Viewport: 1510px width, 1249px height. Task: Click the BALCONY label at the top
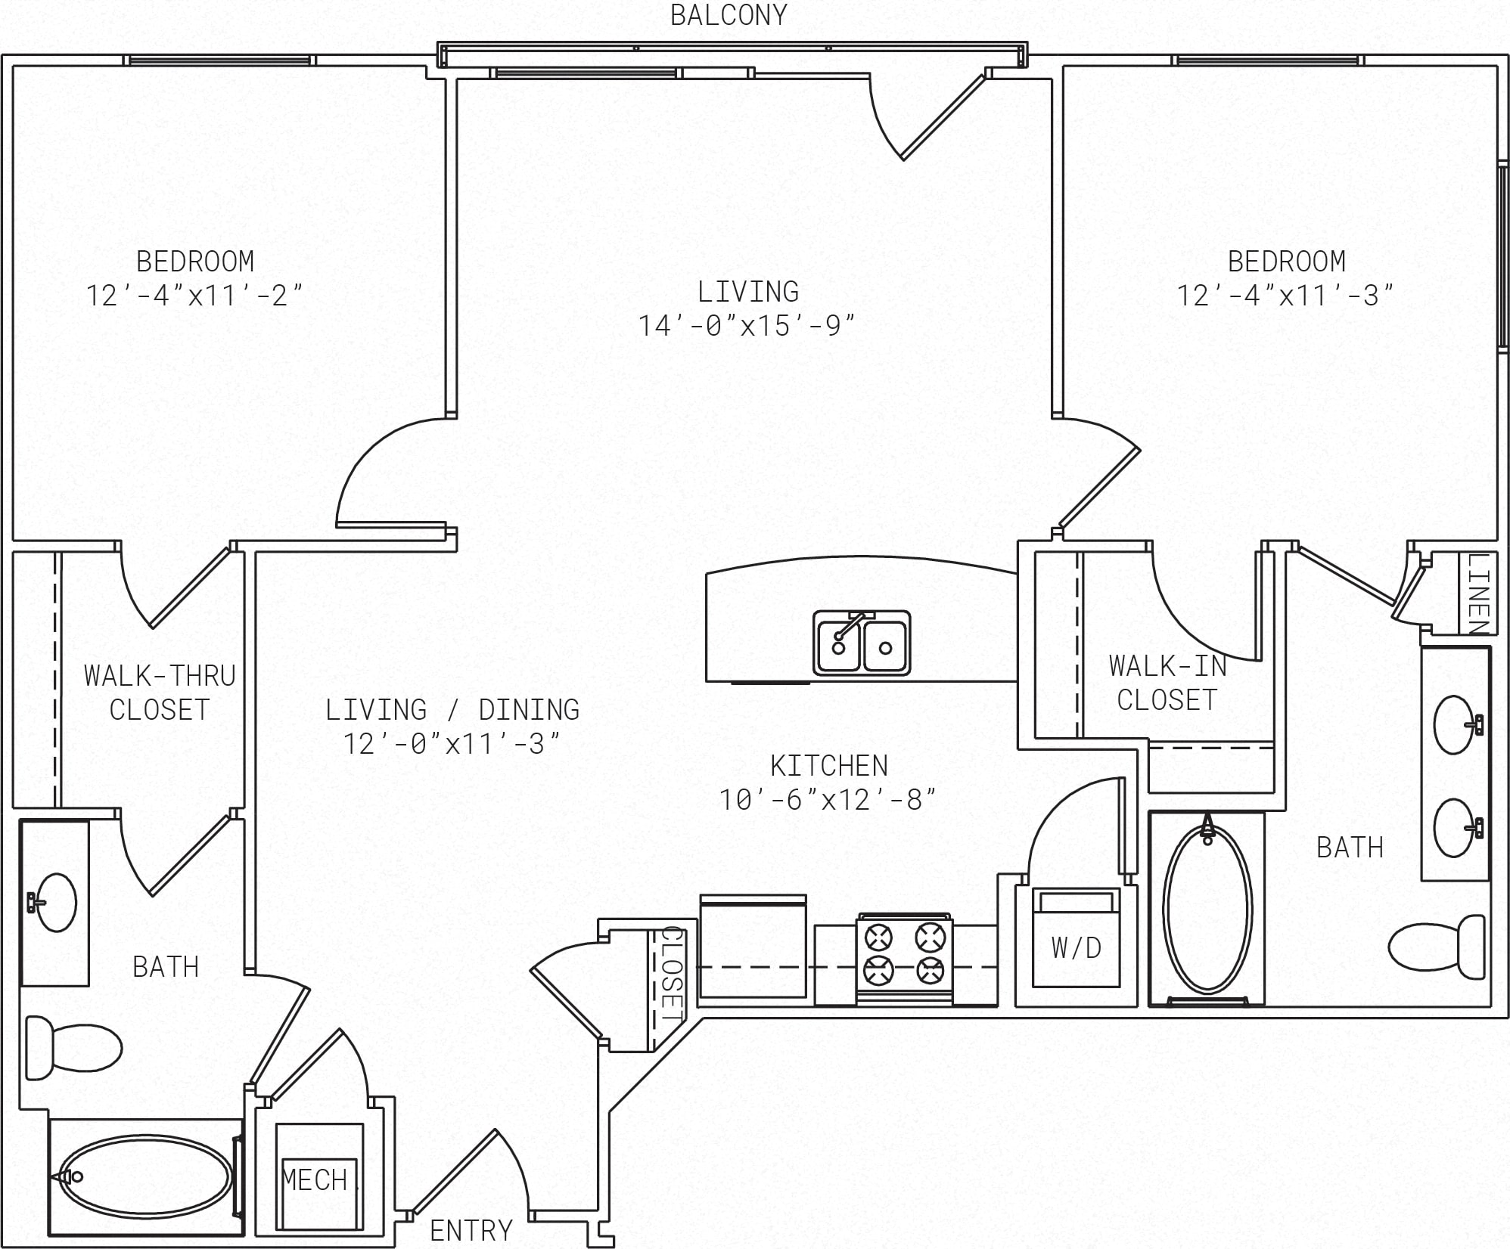pyautogui.click(x=729, y=15)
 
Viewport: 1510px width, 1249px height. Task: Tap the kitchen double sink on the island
pyautogui.click(x=862, y=643)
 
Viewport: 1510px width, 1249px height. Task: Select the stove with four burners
pyautogui.click(x=905, y=962)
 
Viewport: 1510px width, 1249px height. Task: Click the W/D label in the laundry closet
pyautogui.click(x=1076, y=947)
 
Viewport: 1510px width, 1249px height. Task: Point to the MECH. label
pyautogui.click(x=315, y=1179)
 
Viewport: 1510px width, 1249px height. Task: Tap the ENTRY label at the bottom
pyautogui.click(x=471, y=1231)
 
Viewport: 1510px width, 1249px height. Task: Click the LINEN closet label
pyautogui.click(x=1478, y=594)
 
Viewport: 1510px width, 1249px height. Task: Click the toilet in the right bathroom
pyautogui.click(x=1437, y=947)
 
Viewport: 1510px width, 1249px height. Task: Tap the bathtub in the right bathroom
pyautogui.click(x=1207, y=910)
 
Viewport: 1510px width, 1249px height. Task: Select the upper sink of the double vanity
pyautogui.click(x=1455, y=725)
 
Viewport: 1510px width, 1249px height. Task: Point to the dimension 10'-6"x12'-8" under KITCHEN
pyautogui.click(x=828, y=800)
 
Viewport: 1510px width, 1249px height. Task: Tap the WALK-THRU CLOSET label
pyautogui.click(x=160, y=692)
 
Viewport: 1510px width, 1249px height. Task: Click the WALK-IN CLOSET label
pyautogui.click(x=1167, y=683)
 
